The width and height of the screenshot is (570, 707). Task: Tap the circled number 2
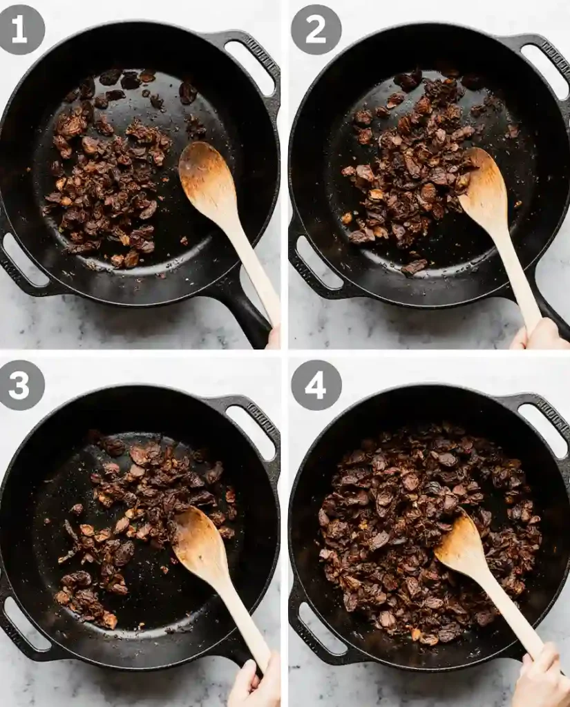click(x=316, y=30)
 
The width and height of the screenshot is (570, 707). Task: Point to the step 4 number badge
click(x=316, y=385)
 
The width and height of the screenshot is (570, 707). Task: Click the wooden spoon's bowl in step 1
click(x=205, y=180)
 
